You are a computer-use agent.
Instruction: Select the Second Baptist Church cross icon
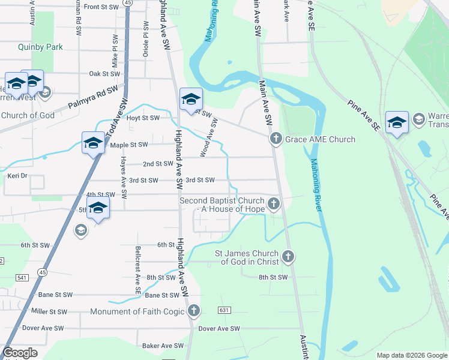[x=274, y=204]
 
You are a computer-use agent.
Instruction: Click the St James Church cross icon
[x=288, y=257]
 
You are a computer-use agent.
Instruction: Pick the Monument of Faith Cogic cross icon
[x=193, y=311]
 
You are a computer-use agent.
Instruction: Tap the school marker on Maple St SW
[x=93, y=143]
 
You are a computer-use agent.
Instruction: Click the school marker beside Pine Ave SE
[x=397, y=123]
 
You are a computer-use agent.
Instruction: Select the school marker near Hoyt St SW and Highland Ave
[x=191, y=100]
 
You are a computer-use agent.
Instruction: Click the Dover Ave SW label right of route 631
[x=219, y=329]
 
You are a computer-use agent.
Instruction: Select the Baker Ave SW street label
[x=163, y=346]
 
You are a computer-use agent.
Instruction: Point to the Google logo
[x=20, y=353]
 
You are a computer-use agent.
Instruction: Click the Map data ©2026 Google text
[x=412, y=355]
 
